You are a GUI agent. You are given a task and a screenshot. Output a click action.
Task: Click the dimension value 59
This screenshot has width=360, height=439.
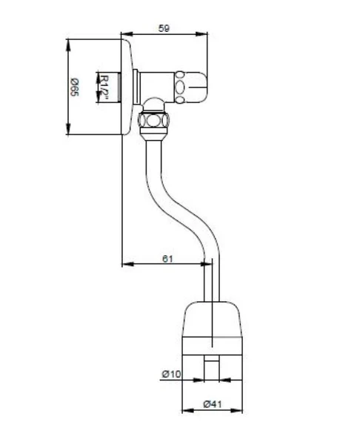click(x=164, y=28)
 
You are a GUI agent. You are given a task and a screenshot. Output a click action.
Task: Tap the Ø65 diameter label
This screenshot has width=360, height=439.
click(x=75, y=88)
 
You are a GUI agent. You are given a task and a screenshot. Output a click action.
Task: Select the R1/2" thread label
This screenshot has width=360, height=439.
click(x=104, y=88)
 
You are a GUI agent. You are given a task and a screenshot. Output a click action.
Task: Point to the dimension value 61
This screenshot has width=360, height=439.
click(x=167, y=259)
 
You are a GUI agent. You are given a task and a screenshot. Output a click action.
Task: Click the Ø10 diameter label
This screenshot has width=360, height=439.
click(x=171, y=374)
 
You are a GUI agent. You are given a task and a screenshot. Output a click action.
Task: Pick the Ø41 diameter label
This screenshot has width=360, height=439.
click(x=213, y=404)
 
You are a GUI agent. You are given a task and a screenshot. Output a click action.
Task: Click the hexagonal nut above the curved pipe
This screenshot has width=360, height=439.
click(x=153, y=120)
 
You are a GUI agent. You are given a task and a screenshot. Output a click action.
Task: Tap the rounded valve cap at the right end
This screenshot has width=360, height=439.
click(x=191, y=87)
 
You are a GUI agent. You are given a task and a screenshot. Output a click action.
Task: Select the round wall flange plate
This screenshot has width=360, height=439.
click(x=127, y=87)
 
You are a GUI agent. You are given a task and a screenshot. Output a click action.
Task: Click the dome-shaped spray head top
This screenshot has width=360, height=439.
click(x=212, y=319)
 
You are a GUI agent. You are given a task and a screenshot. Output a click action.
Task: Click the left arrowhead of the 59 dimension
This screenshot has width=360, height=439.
click(x=127, y=34)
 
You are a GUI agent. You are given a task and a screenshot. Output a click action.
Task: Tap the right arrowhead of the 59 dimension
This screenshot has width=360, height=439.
click(x=201, y=34)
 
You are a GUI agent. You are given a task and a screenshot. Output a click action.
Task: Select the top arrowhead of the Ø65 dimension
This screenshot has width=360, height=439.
click(x=68, y=45)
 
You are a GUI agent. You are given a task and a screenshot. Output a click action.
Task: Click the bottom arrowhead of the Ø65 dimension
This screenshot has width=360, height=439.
click(x=68, y=129)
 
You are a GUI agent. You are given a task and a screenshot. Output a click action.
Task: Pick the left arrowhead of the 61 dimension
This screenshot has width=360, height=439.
click(x=128, y=264)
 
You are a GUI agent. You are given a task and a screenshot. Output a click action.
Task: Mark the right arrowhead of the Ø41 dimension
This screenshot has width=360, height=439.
click(x=236, y=411)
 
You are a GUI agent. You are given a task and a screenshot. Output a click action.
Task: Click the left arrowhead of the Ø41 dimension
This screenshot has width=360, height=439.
click(x=188, y=411)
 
